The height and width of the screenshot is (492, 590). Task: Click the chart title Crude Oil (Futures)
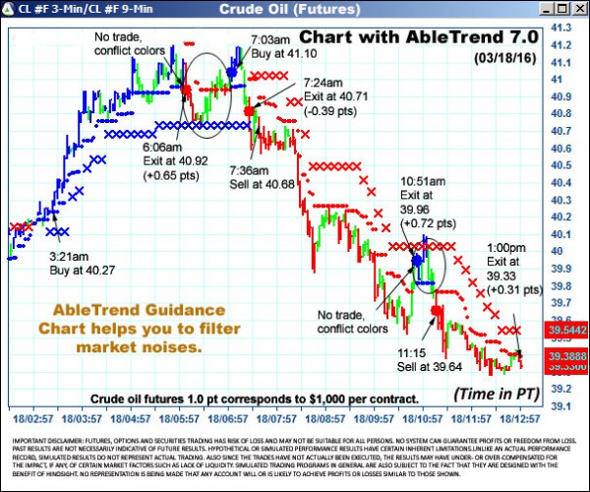pos(294,9)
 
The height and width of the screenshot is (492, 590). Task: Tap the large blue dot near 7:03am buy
pos(232,72)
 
